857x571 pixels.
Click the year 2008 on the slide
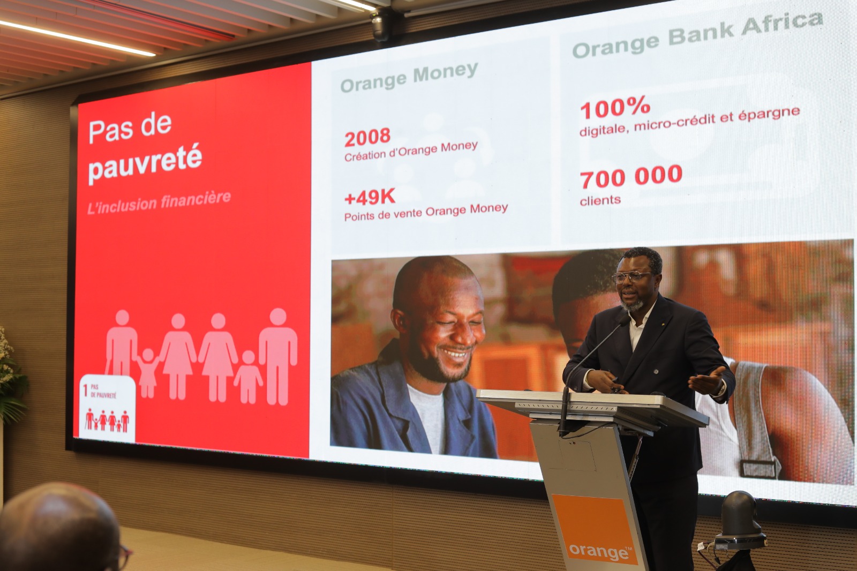367,137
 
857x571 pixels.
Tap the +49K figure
370,197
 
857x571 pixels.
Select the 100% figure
615,108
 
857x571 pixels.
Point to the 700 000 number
631,176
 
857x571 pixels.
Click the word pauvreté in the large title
145,163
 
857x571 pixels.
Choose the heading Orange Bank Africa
697,35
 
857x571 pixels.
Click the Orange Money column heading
409,77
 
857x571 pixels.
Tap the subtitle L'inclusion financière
159,202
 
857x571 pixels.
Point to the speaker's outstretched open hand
707,380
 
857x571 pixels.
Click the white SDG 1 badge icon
107,408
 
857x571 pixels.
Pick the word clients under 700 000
600,200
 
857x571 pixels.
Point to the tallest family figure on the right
278,356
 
